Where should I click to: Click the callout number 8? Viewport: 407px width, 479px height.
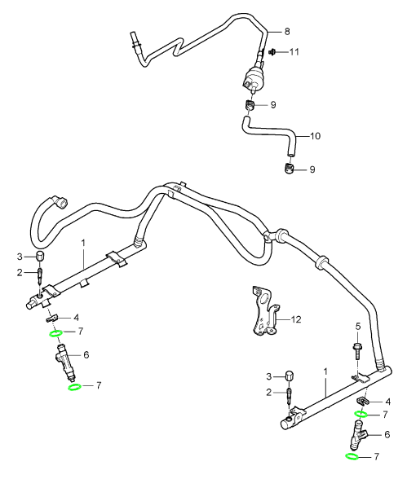287,32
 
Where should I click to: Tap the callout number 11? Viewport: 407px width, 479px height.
294,52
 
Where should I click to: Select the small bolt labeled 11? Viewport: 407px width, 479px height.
272,52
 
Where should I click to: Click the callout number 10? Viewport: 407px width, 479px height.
315,135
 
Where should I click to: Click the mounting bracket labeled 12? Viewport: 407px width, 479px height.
264,310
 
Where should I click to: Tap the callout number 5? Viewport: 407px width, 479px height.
358,326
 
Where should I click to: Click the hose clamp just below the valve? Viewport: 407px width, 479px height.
250,105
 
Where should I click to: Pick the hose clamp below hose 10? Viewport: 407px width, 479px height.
287,169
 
